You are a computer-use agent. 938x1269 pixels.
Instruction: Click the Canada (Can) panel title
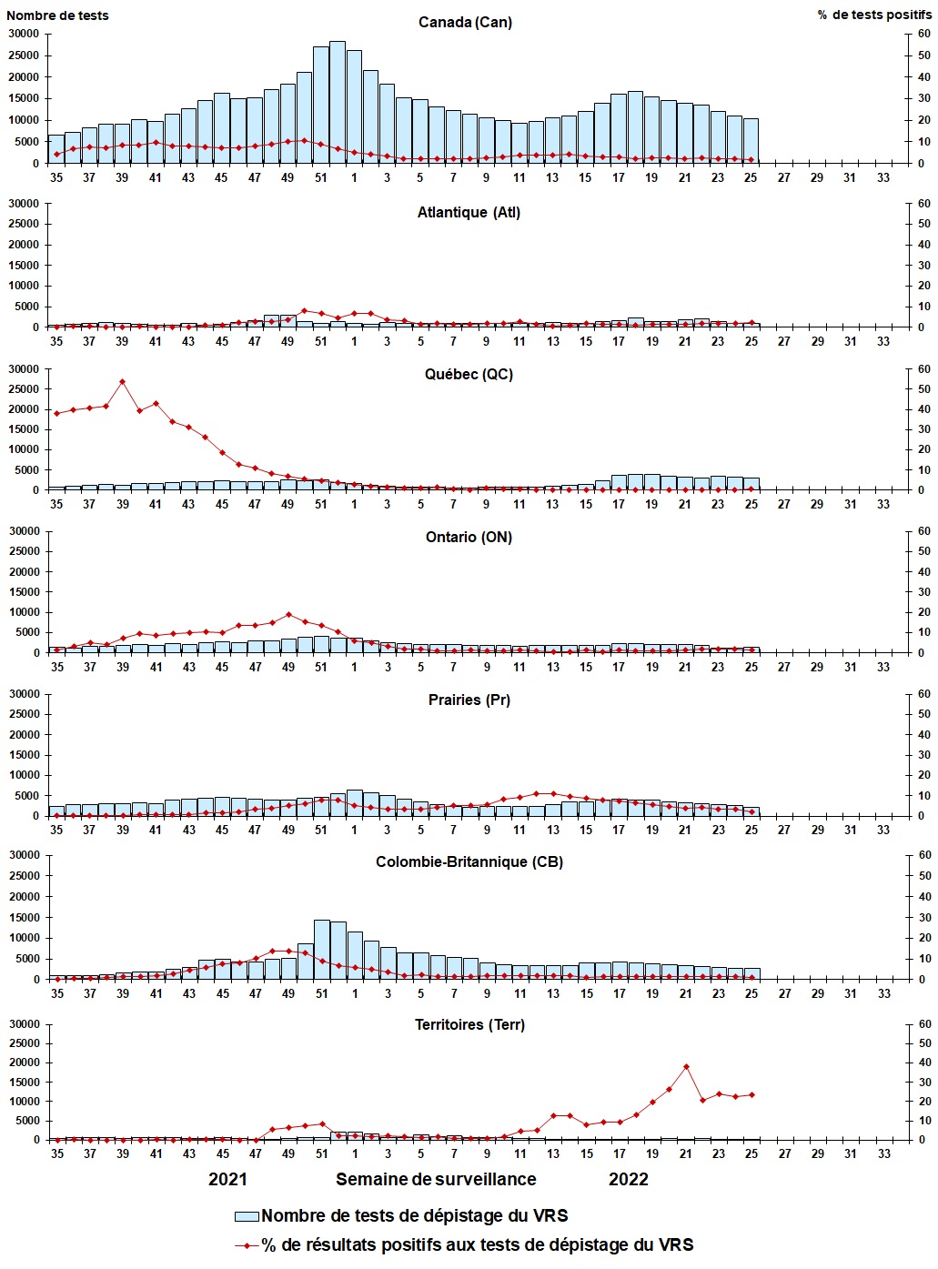[465, 22]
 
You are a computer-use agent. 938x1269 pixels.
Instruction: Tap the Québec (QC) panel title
[469, 374]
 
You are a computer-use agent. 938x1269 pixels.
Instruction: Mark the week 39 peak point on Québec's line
[123, 381]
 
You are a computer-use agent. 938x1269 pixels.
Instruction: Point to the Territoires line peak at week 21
[686, 1066]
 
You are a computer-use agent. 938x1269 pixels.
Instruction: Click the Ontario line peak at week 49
[288, 614]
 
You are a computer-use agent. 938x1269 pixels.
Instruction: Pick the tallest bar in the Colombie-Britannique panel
[321, 949]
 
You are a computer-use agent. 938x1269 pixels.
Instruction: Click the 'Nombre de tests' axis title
[57, 15]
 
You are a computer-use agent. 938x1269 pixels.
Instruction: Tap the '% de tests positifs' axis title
[873, 15]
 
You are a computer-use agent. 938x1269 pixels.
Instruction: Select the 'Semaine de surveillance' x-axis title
[436, 1179]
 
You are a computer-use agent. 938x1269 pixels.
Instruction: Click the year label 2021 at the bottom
[227, 1179]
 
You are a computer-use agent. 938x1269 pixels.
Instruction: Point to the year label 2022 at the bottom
[628, 1179]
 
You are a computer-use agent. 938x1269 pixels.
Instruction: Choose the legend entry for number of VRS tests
[414, 1215]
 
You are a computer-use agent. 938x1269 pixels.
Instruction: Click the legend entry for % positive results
[477, 1244]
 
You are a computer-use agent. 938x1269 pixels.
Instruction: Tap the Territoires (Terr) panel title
[469, 1024]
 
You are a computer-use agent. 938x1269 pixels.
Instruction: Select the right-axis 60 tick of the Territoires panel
[923, 1024]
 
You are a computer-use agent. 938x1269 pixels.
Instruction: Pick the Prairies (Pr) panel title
[469, 700]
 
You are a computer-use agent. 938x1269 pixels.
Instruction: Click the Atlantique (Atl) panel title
[469, 212]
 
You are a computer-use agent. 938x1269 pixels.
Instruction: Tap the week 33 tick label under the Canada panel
[883, 177]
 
